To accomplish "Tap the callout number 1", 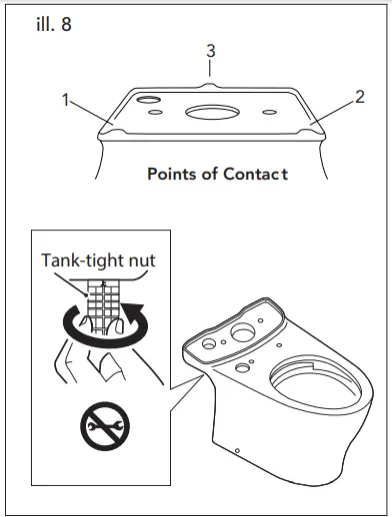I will [x=65, y=102].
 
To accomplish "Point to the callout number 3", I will [x=210, y=51].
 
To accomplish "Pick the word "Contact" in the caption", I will [x=257, y=174].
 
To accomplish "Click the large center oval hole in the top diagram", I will [x=212, y=111].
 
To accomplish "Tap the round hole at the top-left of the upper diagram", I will [x=148, y=101].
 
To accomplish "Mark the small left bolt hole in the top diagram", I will [x=155, y=114].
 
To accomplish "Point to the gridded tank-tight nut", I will [x=100, y=304].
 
